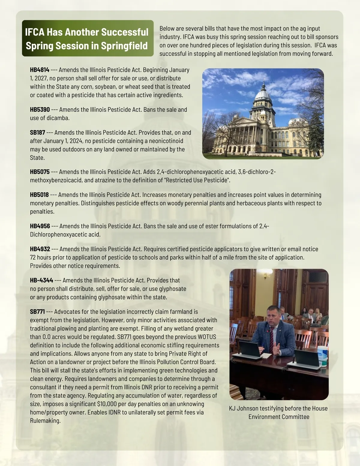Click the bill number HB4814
[40, 70]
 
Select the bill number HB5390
[40, 110]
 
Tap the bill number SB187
[37, 133]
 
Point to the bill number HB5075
[40, 172]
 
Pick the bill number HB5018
[39, 195]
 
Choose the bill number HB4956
[40, 226]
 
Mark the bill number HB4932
[40, 249]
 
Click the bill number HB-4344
[41, 281]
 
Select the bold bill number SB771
[37, 312]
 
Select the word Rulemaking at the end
[45, 421]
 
